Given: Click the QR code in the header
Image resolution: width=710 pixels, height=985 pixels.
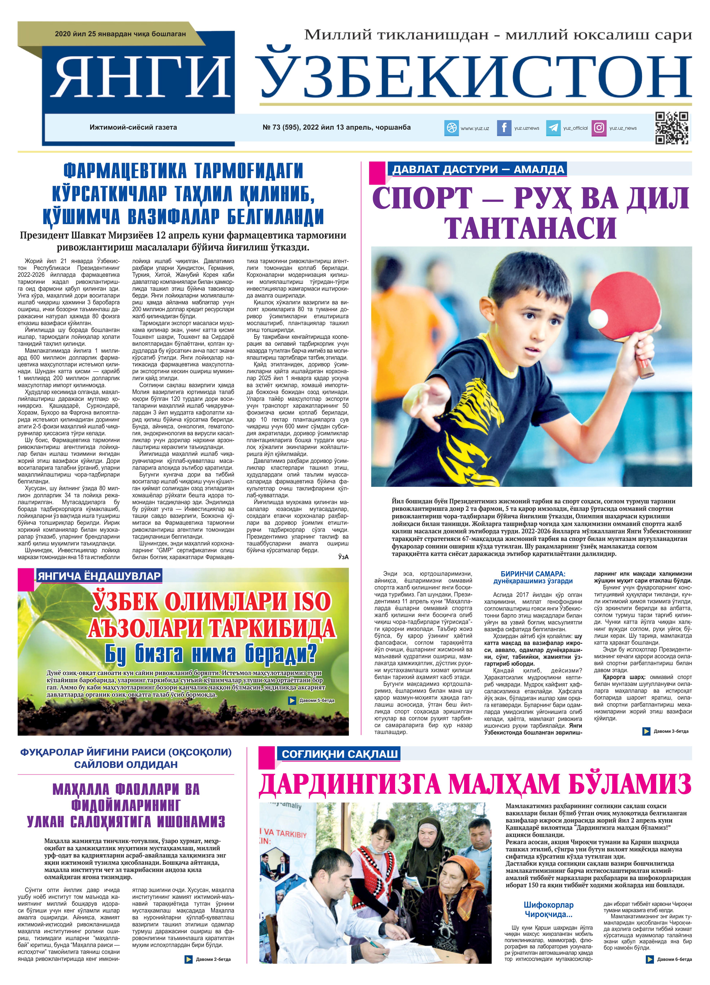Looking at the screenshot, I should tap(671, 128).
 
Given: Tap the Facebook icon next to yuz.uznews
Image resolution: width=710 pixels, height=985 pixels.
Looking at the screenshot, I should tap(504, 128).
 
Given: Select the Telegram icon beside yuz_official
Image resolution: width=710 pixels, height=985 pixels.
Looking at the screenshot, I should tap(553, 128).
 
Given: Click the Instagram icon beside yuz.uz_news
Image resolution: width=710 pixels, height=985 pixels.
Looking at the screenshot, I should tap(599, 128).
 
